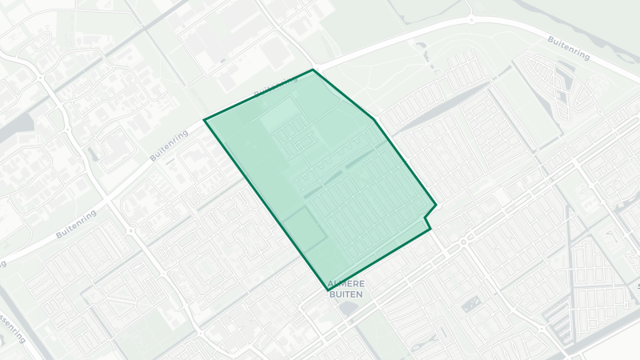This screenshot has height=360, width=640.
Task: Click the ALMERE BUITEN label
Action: [346, 290]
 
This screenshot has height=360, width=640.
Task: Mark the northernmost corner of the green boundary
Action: [312, 70]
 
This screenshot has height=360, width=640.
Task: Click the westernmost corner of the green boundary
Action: [205, 120]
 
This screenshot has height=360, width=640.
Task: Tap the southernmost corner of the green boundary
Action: [326, 290]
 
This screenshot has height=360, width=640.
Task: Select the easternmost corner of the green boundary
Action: [436, 205]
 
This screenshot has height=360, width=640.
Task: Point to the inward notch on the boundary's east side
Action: [425, 217]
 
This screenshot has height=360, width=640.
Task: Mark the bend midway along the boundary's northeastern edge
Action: [374, 120]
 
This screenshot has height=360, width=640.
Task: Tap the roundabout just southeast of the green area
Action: [463, 241]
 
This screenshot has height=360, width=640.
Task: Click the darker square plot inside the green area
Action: [303, 230]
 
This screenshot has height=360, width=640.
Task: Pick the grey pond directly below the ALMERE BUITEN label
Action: [346, 307]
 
